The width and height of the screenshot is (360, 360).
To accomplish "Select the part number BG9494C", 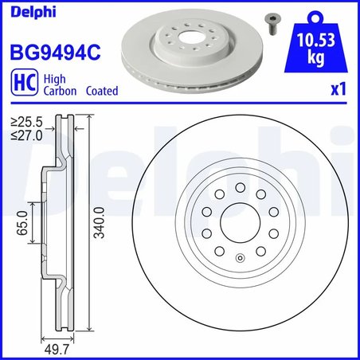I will point(54,53).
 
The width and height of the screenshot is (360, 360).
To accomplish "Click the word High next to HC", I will point(53,79).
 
